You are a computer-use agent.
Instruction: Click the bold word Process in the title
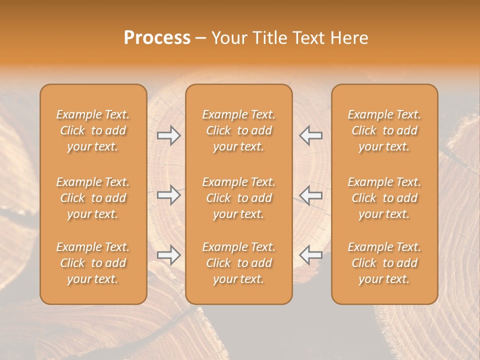(x=157, y=38)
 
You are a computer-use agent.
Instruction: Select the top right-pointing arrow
(x=169, y=135)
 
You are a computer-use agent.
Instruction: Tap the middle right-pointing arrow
(x=169, y=195)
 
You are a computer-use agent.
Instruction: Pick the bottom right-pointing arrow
(x=169, y=255)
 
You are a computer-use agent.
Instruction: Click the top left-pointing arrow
(x=310, y=135)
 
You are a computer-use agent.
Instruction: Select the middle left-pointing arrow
(x=310, y=195)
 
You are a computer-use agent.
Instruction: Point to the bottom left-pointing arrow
(x=310, y=255)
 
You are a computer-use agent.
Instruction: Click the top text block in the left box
(x=93, y=130)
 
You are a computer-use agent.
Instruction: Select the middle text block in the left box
(x=93, y=198)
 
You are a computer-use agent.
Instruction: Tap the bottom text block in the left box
(x=93, y=263)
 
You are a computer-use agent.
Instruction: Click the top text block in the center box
(x=239, y=130)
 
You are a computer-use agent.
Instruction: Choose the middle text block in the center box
(x=239, y=198)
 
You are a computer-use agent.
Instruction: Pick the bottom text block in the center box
(x=239, y=263)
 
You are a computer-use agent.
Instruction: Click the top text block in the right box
(x=384, y=130)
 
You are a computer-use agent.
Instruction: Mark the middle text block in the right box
(x=384, y=198)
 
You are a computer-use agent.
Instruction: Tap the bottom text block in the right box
(x=384, y=263)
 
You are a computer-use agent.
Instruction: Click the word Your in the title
(x=228, y=38)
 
